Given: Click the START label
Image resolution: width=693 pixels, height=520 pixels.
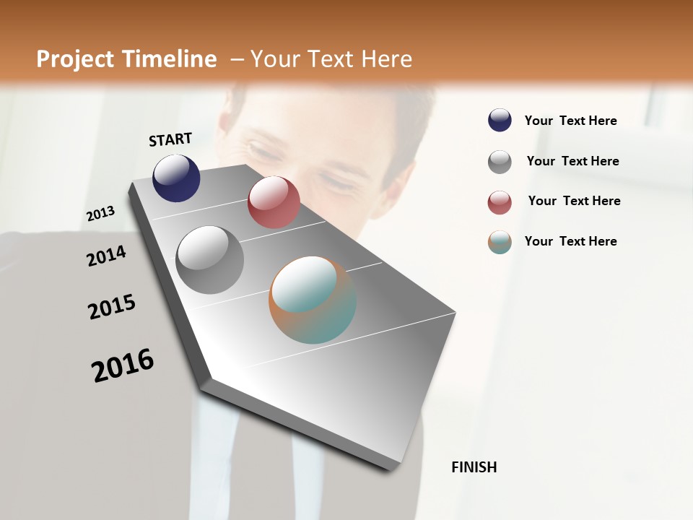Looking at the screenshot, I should (170, 139).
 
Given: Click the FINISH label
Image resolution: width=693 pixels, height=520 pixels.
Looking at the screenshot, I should (474, 467).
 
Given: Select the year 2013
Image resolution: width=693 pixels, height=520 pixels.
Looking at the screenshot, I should (101, 213).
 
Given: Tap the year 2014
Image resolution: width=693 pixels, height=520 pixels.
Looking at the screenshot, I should (107, 256).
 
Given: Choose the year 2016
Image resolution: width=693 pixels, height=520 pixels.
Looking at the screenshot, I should (123, 365).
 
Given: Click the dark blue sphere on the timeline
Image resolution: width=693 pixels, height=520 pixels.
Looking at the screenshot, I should (176, 178).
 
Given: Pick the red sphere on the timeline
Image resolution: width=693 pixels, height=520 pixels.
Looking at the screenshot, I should (274, 202).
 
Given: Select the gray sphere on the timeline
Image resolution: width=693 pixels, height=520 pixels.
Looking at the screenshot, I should (209, 260).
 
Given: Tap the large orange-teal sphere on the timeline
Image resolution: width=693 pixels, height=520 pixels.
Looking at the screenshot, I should (313, 300).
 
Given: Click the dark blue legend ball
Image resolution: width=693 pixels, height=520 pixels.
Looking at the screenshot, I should (500, 120).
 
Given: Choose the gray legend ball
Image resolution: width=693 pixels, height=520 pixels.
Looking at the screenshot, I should (500, 162).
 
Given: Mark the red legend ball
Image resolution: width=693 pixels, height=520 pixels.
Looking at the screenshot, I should (500, 202).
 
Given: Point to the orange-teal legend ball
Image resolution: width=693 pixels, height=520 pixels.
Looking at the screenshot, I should (500, 242).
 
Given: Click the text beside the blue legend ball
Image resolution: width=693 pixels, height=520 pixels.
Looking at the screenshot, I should (570, 121).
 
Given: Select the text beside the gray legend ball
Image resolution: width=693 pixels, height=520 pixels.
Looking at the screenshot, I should (572, 161).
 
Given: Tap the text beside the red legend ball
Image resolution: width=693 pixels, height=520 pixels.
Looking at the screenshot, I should (574, 201).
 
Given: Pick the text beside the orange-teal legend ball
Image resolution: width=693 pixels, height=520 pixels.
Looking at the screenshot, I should (570, 241).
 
